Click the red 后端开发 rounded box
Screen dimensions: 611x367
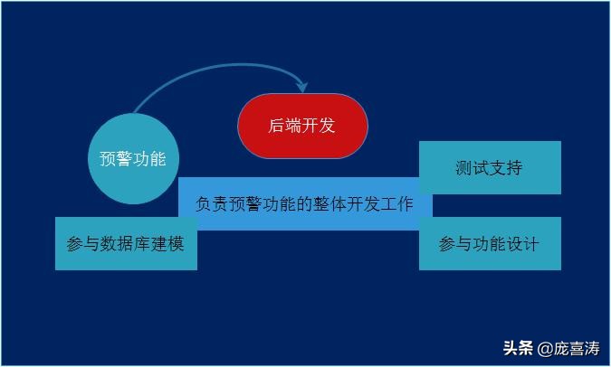click(x=302, y=126)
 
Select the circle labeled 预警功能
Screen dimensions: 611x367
click(x=133, y=159)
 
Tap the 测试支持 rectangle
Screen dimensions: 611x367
click(x=490, y=168)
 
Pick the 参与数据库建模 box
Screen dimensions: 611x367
click(x=126, y=244)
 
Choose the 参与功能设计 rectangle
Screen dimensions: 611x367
click(x=490, y=244)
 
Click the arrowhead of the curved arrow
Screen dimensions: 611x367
click(x=302, y=87)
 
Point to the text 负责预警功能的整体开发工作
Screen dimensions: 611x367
click(x=304, y=204)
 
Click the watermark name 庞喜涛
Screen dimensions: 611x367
click(x=577, y=348)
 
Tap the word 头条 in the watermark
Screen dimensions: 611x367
click(x=518, y=348)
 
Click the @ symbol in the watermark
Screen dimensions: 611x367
click(x=545, y=349)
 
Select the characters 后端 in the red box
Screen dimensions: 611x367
click(x=284, y=126)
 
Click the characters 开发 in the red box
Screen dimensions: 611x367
click(x=319, y=126)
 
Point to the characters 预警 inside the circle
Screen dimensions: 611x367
click(x=116, y=159)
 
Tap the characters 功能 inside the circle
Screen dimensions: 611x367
click(x=150, y=159)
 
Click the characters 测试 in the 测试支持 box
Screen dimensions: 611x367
click(x=472, y=168)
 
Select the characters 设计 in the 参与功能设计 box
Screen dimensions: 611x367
click(x=522, y=244)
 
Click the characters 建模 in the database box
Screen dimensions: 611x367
click(x=167, y=244)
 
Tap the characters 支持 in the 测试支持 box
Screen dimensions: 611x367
click(x=506, y=168)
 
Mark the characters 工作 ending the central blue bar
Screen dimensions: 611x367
click(x=396, y=204)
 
